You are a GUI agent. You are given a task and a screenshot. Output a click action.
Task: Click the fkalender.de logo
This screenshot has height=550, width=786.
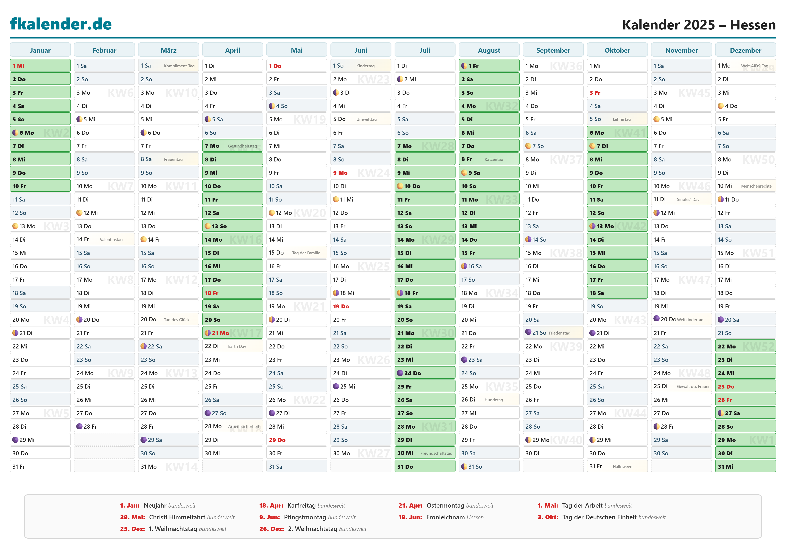pos(61,24)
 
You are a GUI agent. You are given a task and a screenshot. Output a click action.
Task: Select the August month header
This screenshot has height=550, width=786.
pos(489,50)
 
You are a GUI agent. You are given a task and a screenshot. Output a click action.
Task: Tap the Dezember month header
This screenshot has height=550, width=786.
pos(745,50)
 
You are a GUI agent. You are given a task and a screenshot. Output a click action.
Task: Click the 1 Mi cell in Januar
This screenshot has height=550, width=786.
pos(40,66)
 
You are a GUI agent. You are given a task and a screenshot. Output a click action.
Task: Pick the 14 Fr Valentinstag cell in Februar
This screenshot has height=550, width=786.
pos(104,239)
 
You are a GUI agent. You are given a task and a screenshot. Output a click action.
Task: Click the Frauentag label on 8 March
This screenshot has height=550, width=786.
pos(173,159)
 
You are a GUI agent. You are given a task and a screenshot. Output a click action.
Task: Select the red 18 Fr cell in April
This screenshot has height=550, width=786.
pos(232,293)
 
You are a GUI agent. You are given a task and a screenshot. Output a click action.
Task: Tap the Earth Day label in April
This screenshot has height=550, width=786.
pos(237,346)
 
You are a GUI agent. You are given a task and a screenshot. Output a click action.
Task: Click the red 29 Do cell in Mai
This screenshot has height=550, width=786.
pos(297,440)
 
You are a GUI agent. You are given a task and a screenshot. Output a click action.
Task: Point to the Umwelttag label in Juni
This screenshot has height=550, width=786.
pos(366,119)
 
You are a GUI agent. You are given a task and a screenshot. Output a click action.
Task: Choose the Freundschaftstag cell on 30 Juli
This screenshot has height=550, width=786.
pos(424,453)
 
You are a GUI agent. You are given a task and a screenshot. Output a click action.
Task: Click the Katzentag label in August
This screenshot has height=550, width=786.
pos(494,159)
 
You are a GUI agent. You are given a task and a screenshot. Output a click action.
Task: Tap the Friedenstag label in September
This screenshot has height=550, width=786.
pos(559,333)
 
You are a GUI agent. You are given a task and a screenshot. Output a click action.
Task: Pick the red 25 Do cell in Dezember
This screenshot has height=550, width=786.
pos(745,386)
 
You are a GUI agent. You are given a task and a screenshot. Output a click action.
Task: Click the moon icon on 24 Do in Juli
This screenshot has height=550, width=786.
pos(400,373)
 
